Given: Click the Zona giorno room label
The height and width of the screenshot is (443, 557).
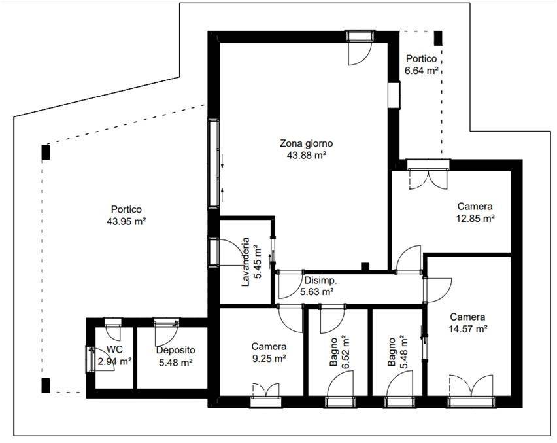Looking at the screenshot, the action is (x=307, y=143).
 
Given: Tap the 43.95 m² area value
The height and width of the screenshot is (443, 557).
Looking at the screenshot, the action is (x=126, y=221).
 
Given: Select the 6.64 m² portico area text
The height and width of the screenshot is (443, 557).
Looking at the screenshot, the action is (x=421, y=71).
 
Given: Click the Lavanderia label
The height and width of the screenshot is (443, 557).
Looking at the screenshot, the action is (x=245, y=262).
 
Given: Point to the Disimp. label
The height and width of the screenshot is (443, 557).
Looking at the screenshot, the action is (x=320, y=281).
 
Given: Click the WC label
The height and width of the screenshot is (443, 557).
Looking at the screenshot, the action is (x=114, y=350).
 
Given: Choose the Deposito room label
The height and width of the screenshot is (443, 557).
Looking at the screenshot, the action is (x=175, y=350).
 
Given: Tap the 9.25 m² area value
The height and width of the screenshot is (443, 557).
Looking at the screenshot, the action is (x=269, y=359).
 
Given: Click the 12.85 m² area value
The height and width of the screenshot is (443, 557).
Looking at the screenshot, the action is (x=475, y=218).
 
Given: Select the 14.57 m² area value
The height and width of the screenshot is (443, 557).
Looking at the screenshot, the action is (x=468, y=329).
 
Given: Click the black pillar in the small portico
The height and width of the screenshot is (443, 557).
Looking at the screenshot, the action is (x=438, y=38).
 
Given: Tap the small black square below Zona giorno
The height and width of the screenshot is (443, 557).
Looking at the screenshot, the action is (x=365, y=266).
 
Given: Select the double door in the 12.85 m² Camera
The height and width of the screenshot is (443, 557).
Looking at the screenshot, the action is (x=428, y=179).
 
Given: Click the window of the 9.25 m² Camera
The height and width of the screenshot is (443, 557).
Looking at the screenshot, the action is (x=266, y=402).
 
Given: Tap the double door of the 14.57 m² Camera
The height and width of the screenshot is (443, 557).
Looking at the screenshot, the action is (x=471, y=385).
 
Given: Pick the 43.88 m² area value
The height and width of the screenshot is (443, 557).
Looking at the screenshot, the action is (x=307, y=155).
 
